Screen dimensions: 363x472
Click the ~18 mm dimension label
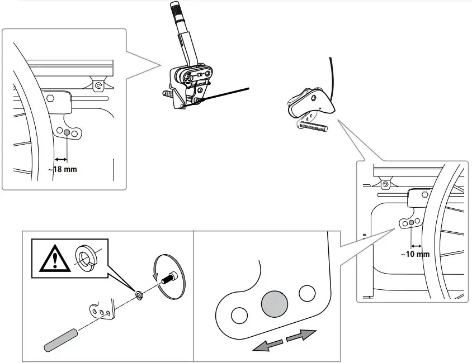pyautogui.click(x=62, y=169)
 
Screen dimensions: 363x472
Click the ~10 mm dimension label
pyautogui.click(x=415, y=254)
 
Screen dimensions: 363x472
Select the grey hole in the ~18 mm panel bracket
pyautogui.click(x=68, y=132)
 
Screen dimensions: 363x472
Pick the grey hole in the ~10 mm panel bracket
pyautogui.click(x=411, y=223)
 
